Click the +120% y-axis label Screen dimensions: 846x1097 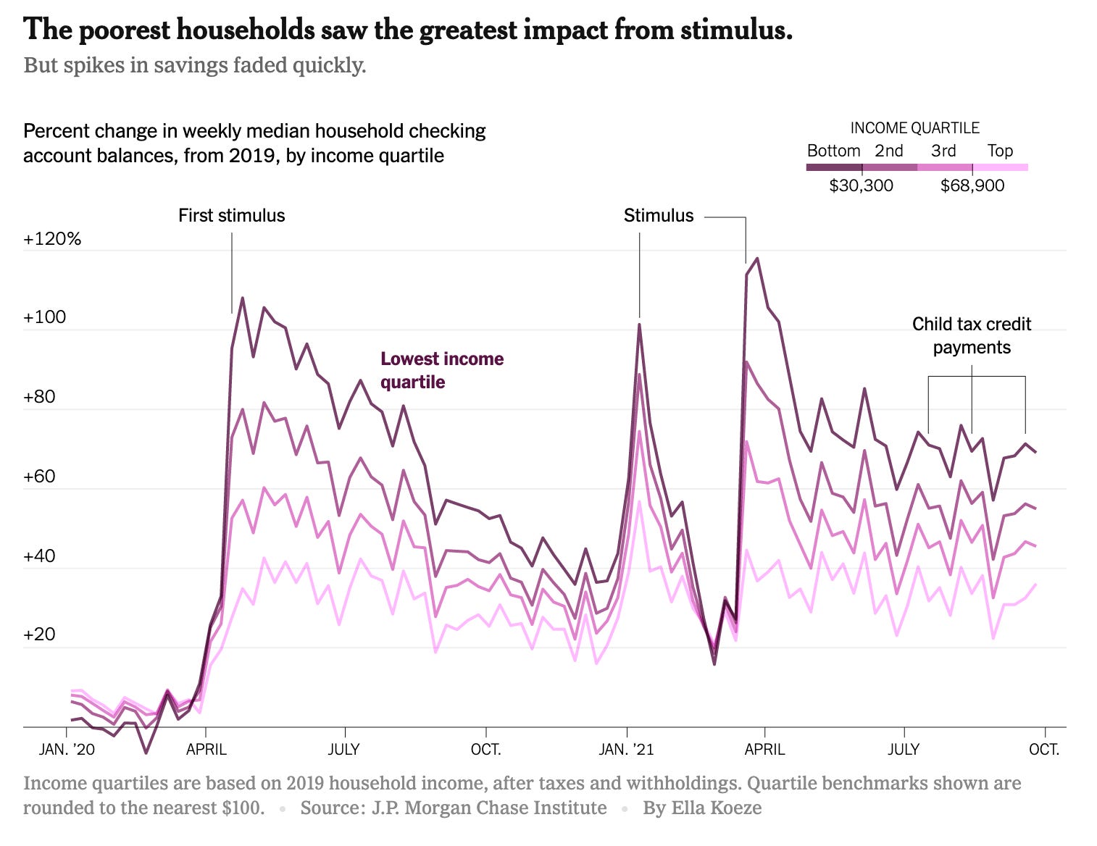(x=52, y=239)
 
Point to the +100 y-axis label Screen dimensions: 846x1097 (x=44, y=317)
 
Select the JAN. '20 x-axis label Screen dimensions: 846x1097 (x=67, y=749)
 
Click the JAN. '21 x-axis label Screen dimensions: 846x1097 (x=626, y=749)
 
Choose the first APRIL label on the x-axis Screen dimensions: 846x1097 (x=207, y=749)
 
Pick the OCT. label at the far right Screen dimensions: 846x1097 (x=1044, y=749)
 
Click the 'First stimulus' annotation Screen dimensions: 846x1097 (x=232, y=216)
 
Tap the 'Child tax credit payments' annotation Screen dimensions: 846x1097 (x=971, y=335)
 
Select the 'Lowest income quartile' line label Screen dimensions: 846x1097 (x=442, y=370)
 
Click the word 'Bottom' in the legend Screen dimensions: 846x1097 (x=833, y=151)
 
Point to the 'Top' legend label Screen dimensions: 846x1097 (x=1000, y=151)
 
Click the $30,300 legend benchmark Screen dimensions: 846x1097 (x=861, y=185)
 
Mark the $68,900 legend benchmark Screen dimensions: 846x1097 (x=972, y=185)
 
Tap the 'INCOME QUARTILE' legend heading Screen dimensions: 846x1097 (x=914, y=128)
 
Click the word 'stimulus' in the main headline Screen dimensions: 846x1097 (x=735, y=30)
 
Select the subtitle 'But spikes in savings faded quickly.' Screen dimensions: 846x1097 (x=195, y=65)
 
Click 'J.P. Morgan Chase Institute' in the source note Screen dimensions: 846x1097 (x=489, y=808)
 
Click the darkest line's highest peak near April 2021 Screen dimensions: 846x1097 (x=757, y=258)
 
